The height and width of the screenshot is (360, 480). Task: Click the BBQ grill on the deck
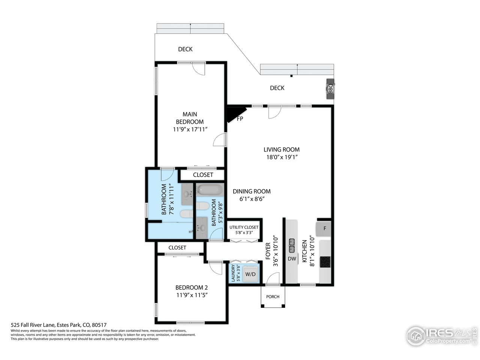pyautogui.click(x=330, y=89)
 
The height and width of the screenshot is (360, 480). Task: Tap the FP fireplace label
pyautogui.click(x=240, y=119)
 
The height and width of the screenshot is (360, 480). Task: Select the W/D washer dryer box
pyautogui.click(x=250, y=274)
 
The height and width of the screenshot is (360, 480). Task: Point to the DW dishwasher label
pyautogui.click(x=292, y=259)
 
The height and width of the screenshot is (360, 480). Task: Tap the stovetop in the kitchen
pyautogui.click(x=325, y=262)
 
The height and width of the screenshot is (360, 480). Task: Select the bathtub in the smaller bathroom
pyautogui.click(x=210, y=190)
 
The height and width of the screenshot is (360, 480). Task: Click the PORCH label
pyautogui.click(x=273, y=297)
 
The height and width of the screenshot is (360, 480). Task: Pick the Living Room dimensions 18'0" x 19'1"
pyautogui.click(x=282, y=157)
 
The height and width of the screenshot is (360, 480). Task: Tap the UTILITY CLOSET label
pyautogui.click(x=244, y=227)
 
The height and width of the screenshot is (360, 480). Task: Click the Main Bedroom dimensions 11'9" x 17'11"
pyautogui.click(x=190, y=129)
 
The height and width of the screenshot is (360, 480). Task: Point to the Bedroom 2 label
pyautogui.click(x=192, y=287)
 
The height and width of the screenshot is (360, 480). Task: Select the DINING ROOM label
pyautogui.click(x=252, y=192)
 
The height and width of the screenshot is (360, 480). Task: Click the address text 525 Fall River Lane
pyautogui.click(x=33, y=325)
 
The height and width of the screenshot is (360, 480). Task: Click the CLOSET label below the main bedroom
pyautogui.click(x=203, y=175)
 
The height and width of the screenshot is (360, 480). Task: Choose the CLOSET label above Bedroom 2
pyautogui.click(x=177, y=247)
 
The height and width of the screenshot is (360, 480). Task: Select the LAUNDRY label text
pyautogui.click(x=232, y=273)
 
